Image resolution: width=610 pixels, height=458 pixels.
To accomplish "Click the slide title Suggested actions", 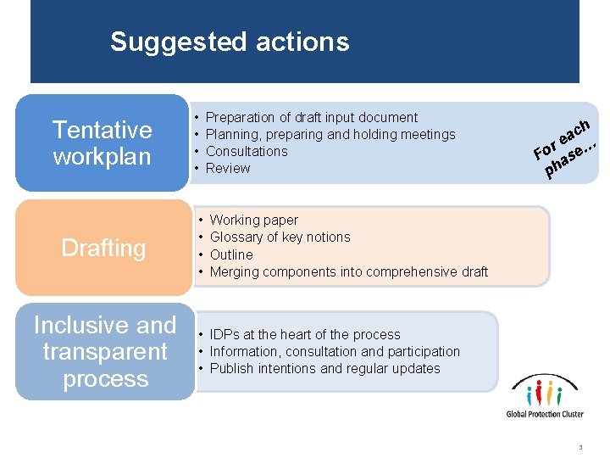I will click(x=229, y=42).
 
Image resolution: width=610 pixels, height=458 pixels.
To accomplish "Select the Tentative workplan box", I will click(x=102, y=142).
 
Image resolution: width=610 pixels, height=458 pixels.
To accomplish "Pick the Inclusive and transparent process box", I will click(x=105, y=351).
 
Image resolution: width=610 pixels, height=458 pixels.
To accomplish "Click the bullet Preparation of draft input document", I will click(x=312, y=117).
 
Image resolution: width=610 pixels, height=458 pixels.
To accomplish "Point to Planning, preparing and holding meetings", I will click(x=330, y=134).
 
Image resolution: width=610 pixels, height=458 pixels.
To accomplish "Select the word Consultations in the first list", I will click(x=247, y=151).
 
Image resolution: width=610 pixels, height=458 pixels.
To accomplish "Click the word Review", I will click(x=228, y=168).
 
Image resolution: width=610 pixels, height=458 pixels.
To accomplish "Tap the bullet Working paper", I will click(x=253, y=220).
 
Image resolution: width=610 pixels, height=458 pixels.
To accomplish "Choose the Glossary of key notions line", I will click(x=280, y=237).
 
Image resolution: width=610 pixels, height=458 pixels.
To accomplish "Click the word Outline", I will click(x=231, y=254).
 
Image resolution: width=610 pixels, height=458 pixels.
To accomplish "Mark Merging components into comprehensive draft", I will click(x=348, y=271).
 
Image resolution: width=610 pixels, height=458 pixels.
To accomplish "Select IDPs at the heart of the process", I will click(x=304, y=334).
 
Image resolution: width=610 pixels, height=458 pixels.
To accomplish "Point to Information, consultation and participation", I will click(x=335, y=351).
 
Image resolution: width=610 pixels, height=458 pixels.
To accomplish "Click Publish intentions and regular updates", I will click(x=324, y=368).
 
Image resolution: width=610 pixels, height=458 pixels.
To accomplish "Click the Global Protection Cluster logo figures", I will click(x=545, y=393).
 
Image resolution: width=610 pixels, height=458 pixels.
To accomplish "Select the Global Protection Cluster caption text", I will click(x=546, y=414).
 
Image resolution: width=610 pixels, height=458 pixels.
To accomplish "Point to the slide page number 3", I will click(x=580, y=447).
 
